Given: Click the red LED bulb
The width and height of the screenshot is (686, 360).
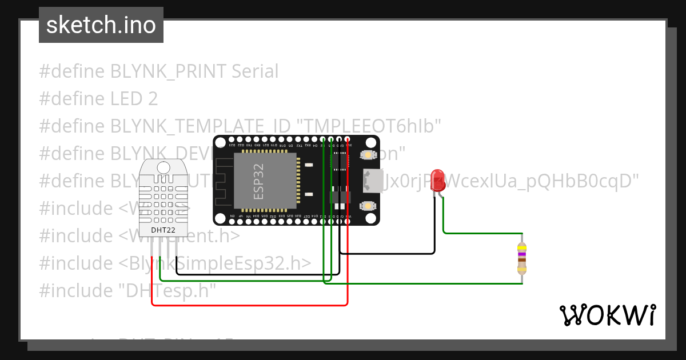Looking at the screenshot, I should pyautogui.click(x=438, y=177).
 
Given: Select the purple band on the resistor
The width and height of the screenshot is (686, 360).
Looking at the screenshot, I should pyautogui.click(x=521, y=254).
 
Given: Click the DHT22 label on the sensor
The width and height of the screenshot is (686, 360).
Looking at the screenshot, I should pyautogui.click(x=163, y=230).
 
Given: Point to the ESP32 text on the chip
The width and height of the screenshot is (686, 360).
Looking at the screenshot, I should pyautogui.click(x=258, y=181).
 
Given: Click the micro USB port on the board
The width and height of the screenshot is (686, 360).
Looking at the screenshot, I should pyautogui.click(x=373, y=181).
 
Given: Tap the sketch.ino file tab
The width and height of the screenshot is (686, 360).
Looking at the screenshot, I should pyautogui.click(x=101, y=25).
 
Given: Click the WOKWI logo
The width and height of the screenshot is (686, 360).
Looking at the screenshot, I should pyautogui.click(x=607, y=315).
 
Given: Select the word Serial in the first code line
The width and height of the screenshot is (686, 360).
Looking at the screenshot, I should pyautogui.click(x=255, y=71).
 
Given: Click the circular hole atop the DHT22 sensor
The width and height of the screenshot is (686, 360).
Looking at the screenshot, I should pyautogui.click(x=163, y=167).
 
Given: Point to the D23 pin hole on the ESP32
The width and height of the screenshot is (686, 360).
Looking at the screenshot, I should pyautogui.click(x=232, y=139).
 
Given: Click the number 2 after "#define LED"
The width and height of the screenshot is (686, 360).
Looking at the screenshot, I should pyautogui.click(x=152, y=99).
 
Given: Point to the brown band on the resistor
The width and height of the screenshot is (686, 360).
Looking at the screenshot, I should pyautogui.click(x=521, y=260).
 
